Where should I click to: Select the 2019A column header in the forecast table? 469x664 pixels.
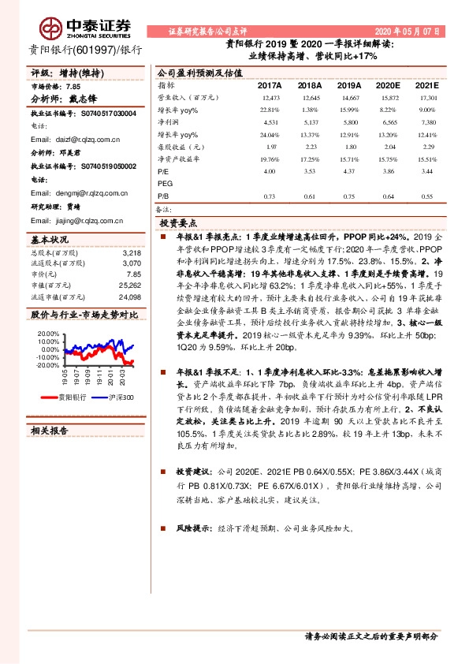348,84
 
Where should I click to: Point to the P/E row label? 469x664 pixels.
163,171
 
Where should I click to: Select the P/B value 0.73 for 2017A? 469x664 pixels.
269,196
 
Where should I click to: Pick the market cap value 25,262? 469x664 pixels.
128,285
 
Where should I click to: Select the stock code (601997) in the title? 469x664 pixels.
92,50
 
